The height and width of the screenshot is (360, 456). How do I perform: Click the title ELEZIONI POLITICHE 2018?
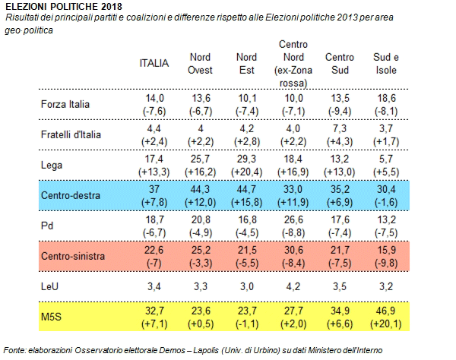click(x=64, y=6)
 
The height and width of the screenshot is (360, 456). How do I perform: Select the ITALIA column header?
click(x=154, y=63)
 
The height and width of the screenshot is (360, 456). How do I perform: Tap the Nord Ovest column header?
click(x=200, y=64)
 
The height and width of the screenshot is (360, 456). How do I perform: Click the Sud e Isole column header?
click(x=386, y=64)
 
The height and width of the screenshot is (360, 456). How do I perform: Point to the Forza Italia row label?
click(x=65, y=104)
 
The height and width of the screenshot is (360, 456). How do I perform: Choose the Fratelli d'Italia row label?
click(x=71, y=134)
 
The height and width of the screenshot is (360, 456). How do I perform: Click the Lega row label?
click(x=52, y=165)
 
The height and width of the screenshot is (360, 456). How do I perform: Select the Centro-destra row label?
click(x=71, y=195)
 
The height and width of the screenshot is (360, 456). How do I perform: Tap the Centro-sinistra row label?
click(x=73, y=256)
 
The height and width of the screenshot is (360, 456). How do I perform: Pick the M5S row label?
click(x=51, y=317)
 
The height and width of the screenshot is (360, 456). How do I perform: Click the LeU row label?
click(x=49, y=286)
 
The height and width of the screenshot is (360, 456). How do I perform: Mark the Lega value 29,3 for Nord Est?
click(x=246, y=159)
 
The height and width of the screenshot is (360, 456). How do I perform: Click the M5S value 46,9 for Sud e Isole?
click(x=386, y=311)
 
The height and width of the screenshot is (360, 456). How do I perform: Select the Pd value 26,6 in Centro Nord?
click(x=293, y=219)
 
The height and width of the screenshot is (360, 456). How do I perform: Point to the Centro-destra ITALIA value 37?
click(x=154, y=189)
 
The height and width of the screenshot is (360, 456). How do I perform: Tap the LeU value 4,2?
click(x=293, y=286)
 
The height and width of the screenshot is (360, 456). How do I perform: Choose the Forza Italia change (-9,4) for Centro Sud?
click(x=340, y=112)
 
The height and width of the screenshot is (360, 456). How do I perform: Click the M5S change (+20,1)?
click(x=386, y=324)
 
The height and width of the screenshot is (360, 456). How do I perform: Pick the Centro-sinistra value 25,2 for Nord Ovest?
click(x=201, y=250)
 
